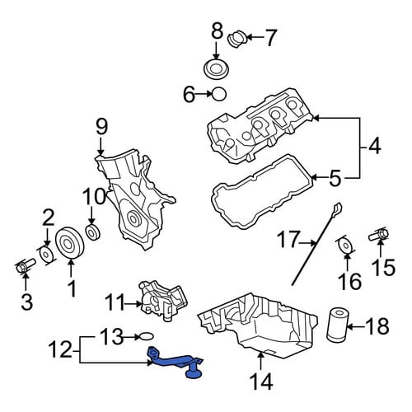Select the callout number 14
(x=261, y=381)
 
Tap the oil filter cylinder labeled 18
(x=336, y=325)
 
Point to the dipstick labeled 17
(x=316, y=244)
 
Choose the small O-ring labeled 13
(x=146, y=336)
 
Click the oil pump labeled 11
(x=164, y=301)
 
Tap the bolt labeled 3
(x=25, y=266)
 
